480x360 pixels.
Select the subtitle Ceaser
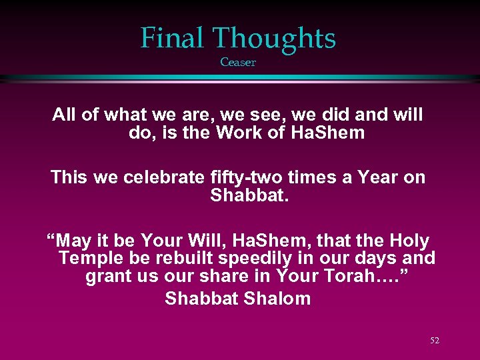(238, 63)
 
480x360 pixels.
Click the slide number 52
(435, 341)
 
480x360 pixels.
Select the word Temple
(89, 259)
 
